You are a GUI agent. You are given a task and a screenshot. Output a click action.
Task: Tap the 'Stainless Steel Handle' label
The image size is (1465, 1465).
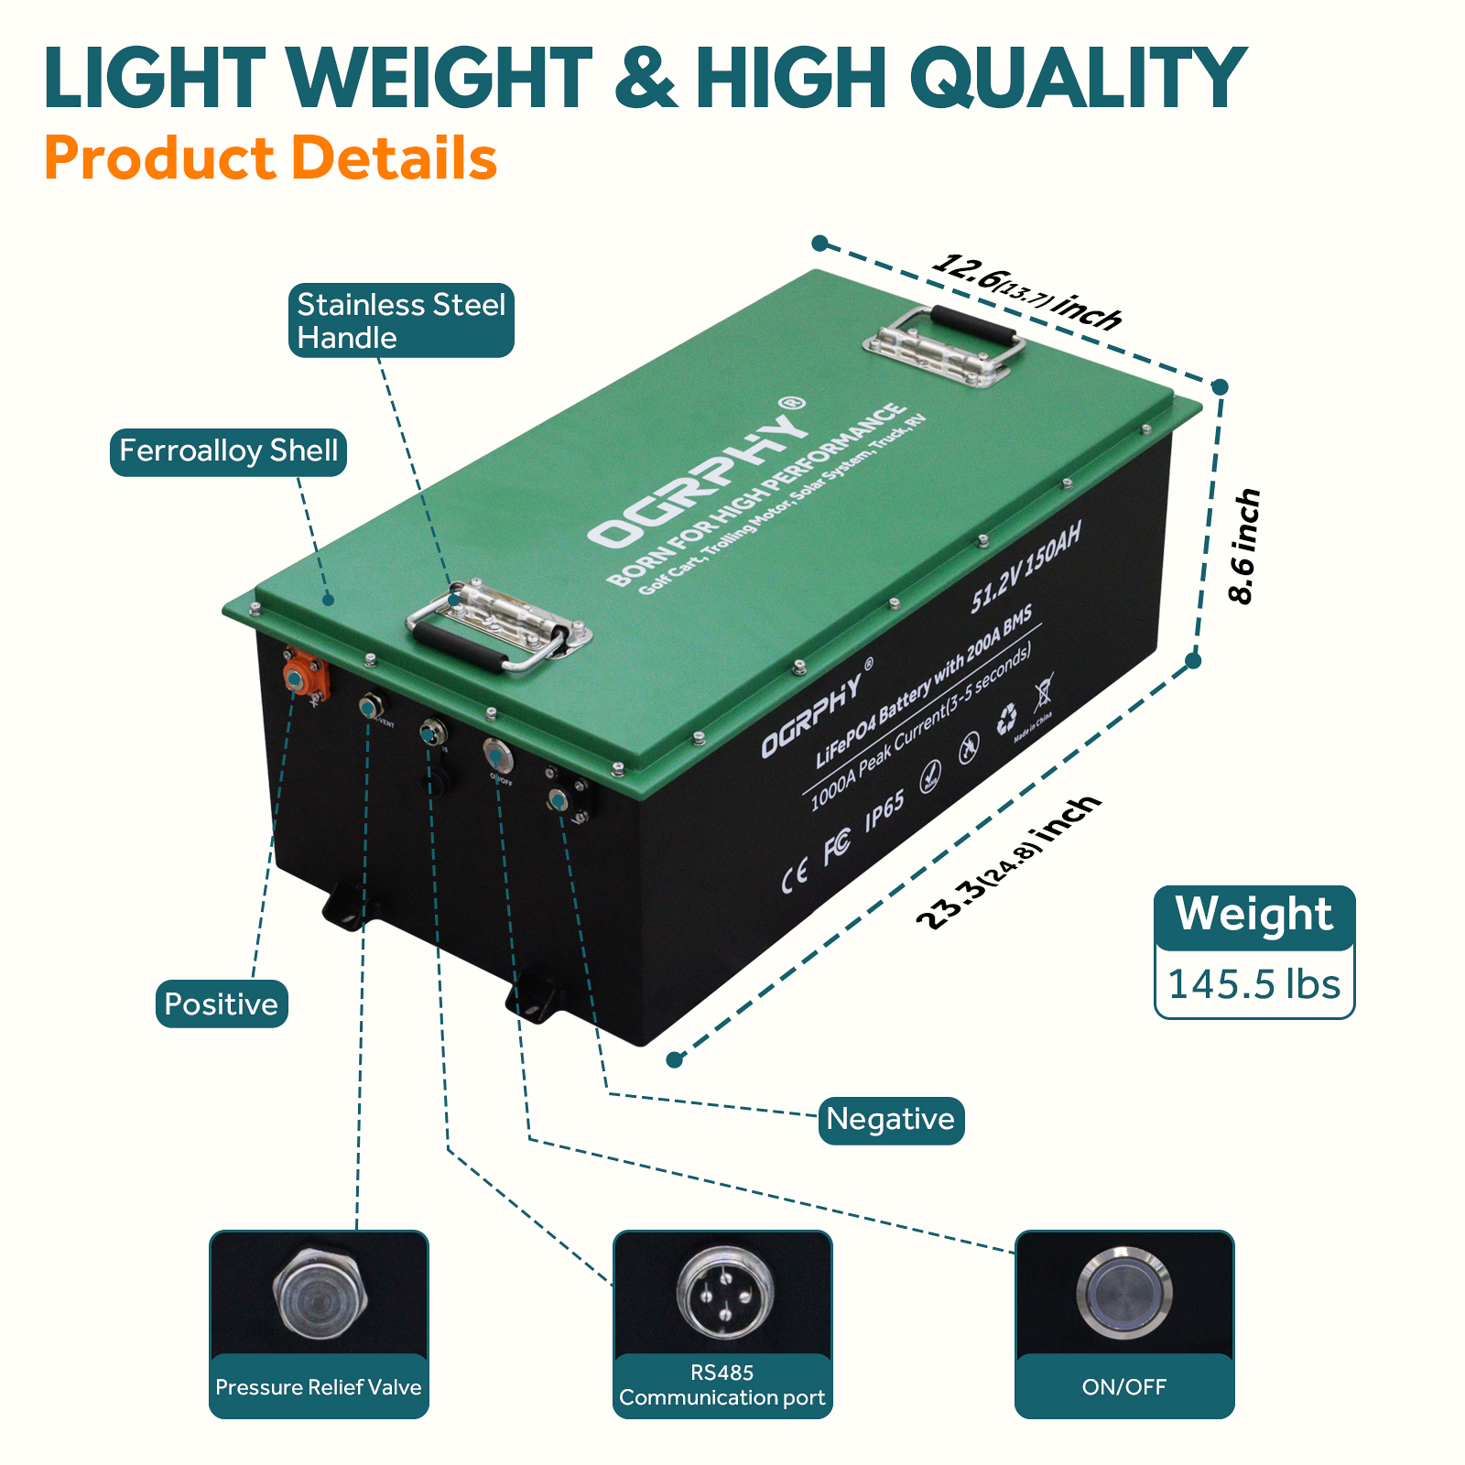point(401,320)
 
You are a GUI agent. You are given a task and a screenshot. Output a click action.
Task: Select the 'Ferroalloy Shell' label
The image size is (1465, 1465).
point(228,451)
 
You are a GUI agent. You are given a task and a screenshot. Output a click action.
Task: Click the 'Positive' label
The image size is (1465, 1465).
point(221,1004)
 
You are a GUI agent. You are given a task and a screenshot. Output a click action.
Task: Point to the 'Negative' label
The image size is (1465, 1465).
point(890,1119)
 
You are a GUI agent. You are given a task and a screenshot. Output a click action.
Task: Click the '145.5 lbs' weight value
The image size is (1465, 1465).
point(1253,984)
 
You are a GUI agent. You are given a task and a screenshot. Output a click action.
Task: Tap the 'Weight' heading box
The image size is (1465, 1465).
point(1253,915)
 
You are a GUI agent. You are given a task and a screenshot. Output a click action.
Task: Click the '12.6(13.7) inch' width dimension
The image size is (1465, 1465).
point(1026,291)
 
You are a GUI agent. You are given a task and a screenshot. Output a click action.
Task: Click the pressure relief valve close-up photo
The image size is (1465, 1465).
point(319,1292)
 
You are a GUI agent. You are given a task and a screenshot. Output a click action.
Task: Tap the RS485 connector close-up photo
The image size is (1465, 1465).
point(722,1292)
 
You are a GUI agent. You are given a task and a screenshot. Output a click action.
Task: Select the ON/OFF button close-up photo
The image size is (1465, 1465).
point(1124,1292)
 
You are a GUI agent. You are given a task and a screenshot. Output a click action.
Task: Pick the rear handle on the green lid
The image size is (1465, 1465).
point(943,344)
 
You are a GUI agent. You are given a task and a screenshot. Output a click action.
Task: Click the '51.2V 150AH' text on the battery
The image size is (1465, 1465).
point(1025,565)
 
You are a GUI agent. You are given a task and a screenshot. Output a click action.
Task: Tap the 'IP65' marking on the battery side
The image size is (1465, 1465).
point(884,810)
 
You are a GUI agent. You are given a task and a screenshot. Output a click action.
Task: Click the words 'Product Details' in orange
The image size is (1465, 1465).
point(270,158)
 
